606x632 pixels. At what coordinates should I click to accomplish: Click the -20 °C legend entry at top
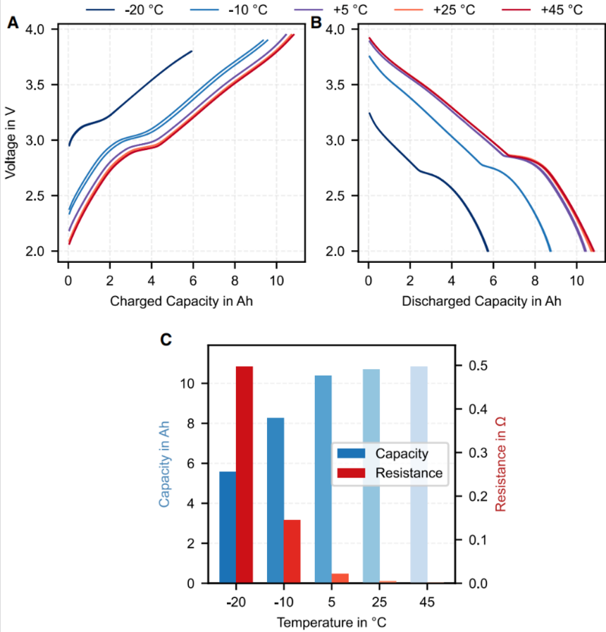(125, 9)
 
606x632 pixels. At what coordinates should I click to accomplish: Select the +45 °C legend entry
(543, 9)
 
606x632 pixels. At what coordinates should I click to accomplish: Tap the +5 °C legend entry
(330, 9)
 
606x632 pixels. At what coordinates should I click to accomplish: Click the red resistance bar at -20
(245, 474)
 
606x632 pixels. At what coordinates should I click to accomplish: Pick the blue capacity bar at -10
(276, 500)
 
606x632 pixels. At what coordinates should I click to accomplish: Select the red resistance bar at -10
(292, 552)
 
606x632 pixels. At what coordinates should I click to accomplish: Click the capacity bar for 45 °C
(419, 474)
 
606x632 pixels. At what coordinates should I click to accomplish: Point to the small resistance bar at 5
(340, 578)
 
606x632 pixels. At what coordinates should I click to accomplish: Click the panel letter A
(13, 23)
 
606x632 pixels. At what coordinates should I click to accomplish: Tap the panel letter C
(166, 340)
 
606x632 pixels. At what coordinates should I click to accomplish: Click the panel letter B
(316, 23)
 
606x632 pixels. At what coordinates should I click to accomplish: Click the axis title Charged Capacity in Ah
(181, 301)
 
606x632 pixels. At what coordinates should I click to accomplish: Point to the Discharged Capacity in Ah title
(481, 301)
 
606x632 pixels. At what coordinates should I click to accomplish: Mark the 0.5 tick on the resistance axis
(478, 366)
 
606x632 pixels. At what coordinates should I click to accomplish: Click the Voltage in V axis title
(10, 143)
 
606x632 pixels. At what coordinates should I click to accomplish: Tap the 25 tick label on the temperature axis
(379, 602)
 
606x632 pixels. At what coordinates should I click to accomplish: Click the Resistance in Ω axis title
(500, 464)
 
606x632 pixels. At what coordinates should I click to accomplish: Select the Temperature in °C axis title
(331, 622)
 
